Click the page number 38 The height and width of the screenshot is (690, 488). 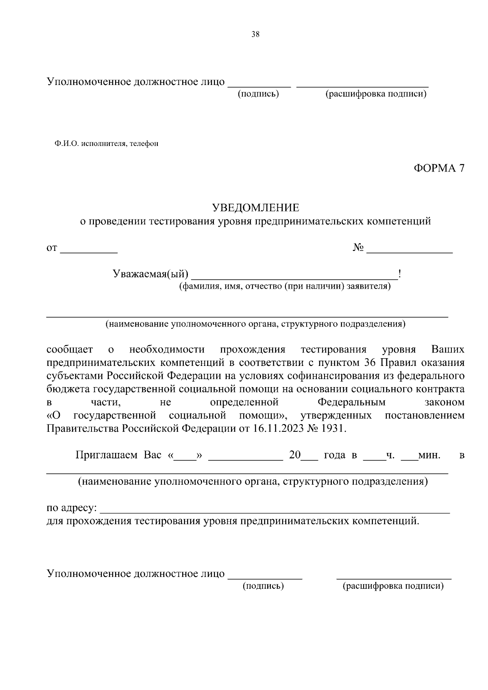click(x=255, y=35)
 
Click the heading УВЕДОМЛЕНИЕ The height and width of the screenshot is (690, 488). click(x=255, y=208)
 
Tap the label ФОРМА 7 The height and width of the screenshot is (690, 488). click(x=439, y=168)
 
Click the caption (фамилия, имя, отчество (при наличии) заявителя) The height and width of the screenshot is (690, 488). click(x=285, y=287)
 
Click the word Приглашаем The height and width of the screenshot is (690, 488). click(x=107, y=455)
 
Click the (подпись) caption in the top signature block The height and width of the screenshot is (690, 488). click(x=258, y=94)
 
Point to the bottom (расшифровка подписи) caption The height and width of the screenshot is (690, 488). click(x=393, y=586)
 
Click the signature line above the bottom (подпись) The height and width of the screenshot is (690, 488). click(x=265, y=576)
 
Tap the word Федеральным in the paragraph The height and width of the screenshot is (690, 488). click(x=351, y=403)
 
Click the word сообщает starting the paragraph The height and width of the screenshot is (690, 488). click(x=70, y=350)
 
